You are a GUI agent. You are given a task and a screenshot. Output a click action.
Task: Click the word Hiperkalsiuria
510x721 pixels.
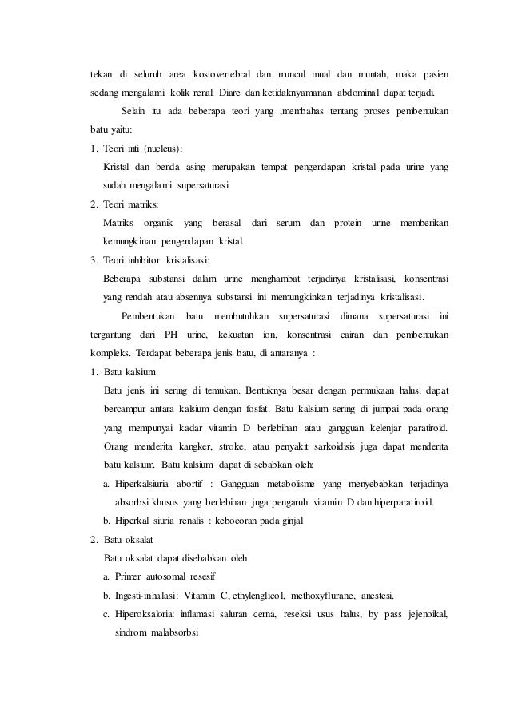click(145, 484)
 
